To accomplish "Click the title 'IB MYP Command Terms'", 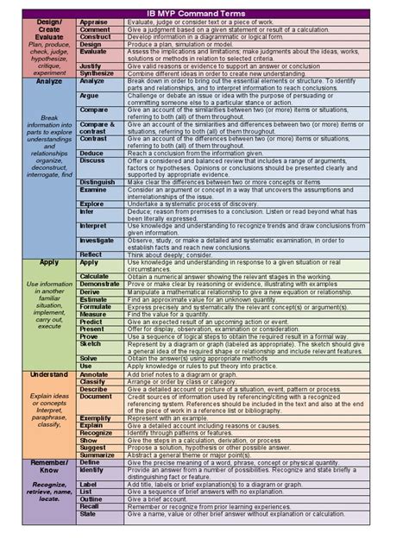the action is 204,13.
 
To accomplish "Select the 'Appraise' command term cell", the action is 94,22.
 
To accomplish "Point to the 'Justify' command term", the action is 91,66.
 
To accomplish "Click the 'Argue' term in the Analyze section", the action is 90,96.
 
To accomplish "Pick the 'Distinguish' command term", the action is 98,183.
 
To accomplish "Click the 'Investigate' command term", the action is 97,241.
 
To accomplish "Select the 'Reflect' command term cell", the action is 91,254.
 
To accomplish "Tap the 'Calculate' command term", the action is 95,276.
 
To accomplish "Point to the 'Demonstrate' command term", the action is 100,284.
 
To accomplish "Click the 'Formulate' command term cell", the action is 96,306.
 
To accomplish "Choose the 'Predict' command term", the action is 91,321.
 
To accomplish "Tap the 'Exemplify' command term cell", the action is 96,418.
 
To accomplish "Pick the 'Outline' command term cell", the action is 91,498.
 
